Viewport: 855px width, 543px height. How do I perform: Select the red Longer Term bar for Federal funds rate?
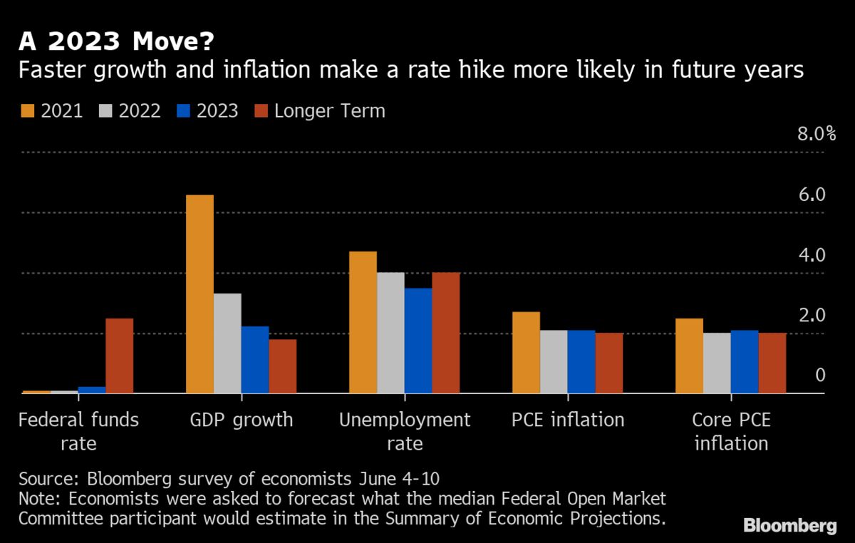119,356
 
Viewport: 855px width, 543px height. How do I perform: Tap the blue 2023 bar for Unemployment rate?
418,341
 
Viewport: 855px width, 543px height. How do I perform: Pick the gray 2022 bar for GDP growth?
227,343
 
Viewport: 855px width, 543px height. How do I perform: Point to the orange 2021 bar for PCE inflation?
526,352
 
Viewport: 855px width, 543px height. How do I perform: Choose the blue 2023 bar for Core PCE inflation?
745,361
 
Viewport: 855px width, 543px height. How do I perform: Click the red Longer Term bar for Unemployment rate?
445,333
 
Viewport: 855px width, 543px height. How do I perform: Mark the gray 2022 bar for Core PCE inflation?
717,363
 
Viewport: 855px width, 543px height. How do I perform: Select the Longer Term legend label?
329,111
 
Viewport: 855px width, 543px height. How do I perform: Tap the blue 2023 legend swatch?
182,111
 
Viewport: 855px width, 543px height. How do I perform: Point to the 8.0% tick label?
816,134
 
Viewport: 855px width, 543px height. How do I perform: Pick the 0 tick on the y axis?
820,376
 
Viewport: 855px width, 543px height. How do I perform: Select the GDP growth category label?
241,419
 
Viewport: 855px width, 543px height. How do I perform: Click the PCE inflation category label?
567,419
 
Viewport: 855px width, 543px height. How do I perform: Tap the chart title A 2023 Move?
115,43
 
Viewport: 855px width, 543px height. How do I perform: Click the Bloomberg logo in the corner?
790,526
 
